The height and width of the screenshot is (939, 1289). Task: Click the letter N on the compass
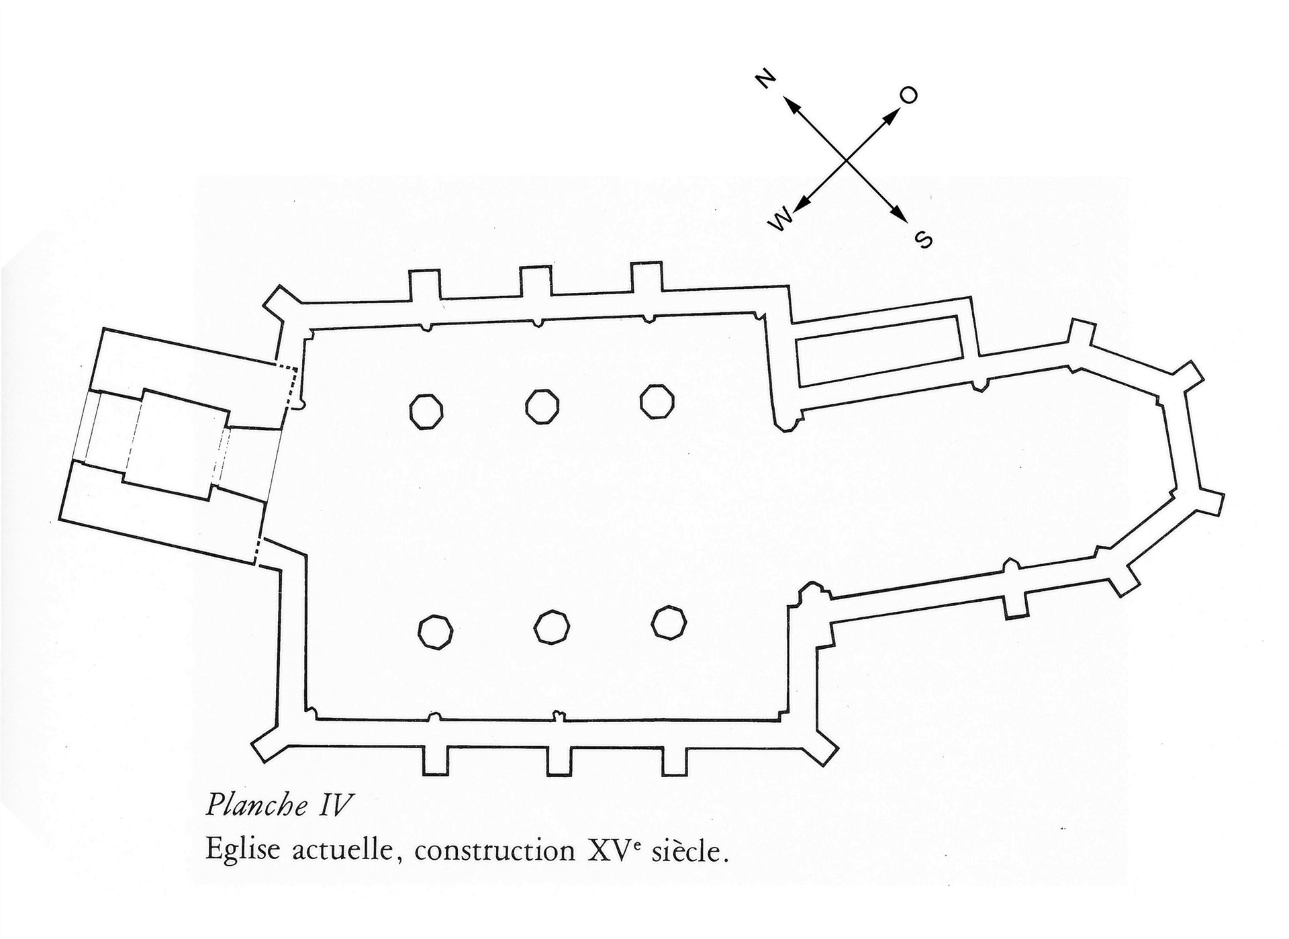click(x=765, y=79)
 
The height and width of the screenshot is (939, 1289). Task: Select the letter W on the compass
click(x=781, y=219)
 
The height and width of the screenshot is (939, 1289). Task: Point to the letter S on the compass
click(x=924, y=239)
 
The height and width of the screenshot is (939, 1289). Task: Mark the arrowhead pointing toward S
click(x=900, y=212)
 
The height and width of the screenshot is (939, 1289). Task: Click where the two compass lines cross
click(x=846, y=161)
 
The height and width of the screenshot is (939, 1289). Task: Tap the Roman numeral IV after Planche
click(x=334, y=805)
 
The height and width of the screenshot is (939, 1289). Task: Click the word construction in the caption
click(x=495, y=851)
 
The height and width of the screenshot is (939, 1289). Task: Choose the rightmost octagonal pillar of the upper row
click(x=657, y=401)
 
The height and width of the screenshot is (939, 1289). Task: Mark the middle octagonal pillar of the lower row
click(x=552, y=627)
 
